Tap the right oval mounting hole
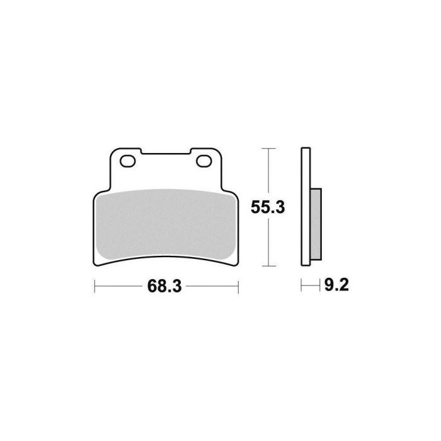(x=204, y=163)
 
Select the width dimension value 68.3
(x=164, y=288)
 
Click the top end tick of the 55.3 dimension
(x=270, y=149)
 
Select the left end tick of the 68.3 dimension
(x=94, y=288)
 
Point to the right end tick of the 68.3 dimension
(x=238, y=288)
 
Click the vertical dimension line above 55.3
(x=270, y=170)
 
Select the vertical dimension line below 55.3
(x=270, y=243)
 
